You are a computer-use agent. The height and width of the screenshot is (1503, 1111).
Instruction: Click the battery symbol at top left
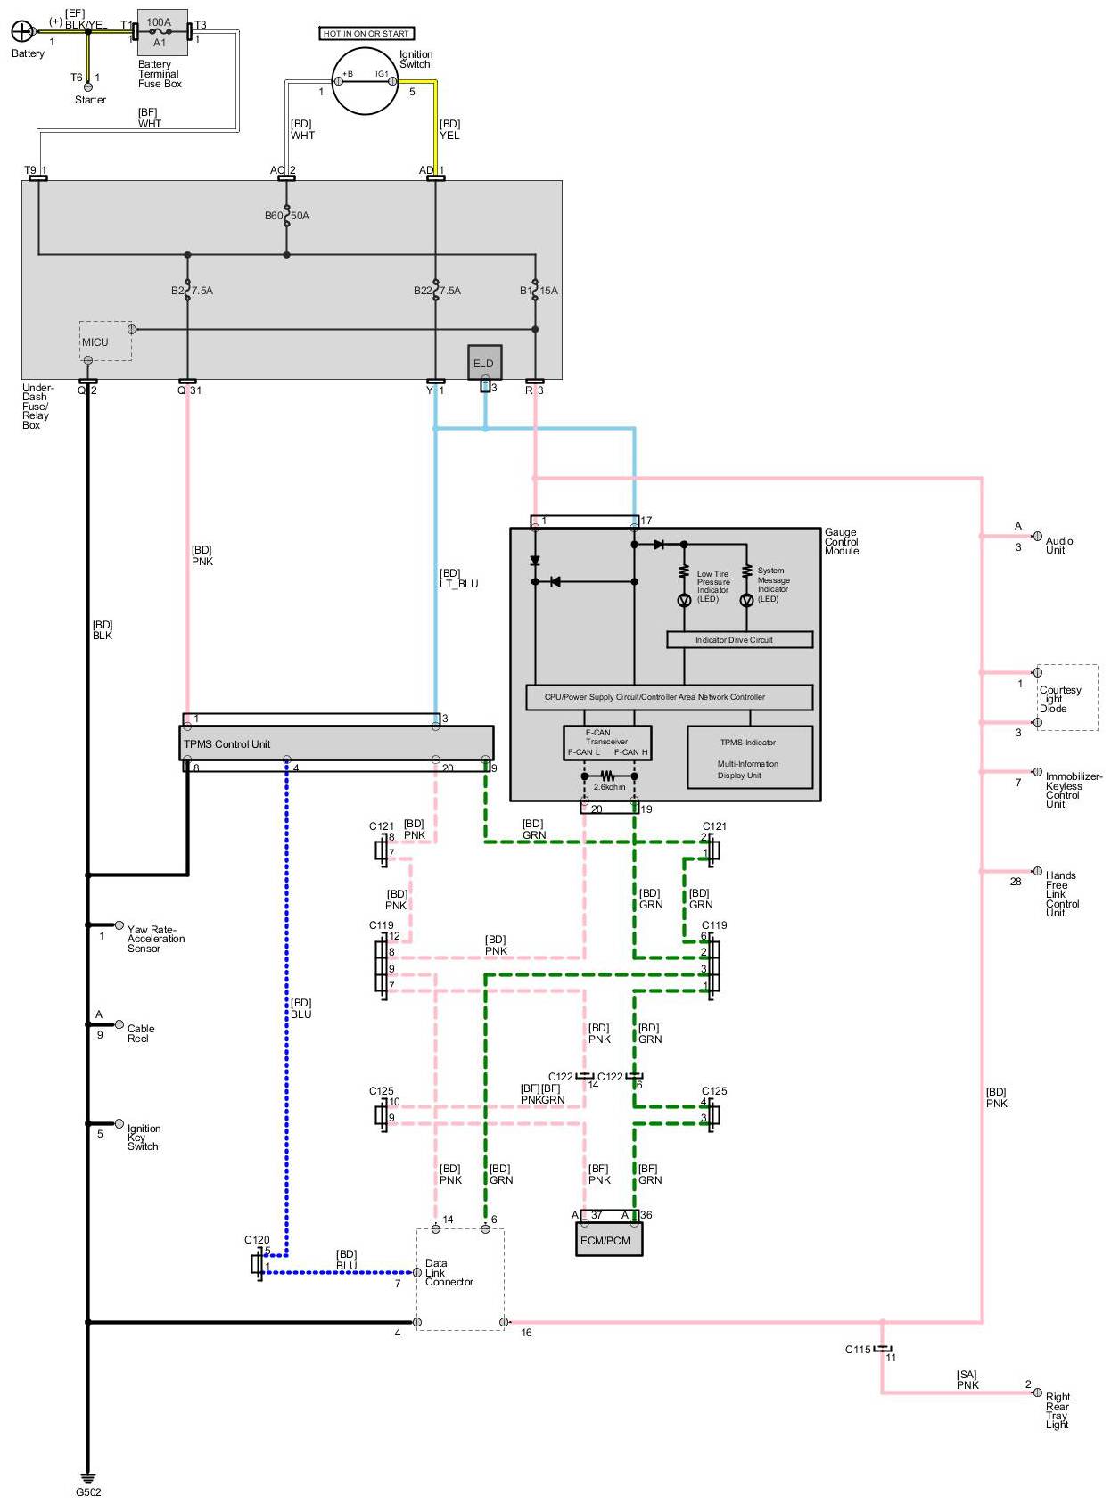(x=21, y=30)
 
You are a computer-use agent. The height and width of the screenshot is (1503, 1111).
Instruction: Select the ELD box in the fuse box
(x=483, y=363)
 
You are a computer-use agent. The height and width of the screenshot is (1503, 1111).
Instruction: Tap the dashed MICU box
(x=105, y=341)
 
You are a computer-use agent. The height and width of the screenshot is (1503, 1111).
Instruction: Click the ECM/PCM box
(x=608, y=1240)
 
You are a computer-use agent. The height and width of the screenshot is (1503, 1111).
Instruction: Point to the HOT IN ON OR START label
(x=366, y=33)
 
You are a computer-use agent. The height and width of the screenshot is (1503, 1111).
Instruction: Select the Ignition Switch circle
(x=365, y=80)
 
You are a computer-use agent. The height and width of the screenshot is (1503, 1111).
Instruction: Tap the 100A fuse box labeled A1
(x=162, y=32)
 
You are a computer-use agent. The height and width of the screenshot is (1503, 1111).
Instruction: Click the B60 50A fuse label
(x=287, y=216)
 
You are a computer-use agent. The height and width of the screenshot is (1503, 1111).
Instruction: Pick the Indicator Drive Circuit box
(x=739, y=640)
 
